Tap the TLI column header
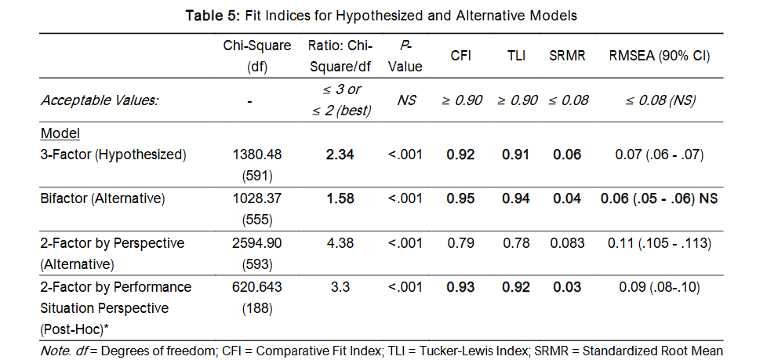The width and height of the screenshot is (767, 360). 517,56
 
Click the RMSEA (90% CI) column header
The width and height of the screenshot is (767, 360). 660,56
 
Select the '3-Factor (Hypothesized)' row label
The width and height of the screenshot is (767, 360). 114,155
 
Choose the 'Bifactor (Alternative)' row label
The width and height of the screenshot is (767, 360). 103,198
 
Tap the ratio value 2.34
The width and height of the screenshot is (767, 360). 340,155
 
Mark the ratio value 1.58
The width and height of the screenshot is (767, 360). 340,198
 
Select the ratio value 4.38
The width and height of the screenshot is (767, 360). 340,243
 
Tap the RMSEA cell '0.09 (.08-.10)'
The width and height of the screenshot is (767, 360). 660,287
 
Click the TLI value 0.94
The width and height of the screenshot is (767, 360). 517,198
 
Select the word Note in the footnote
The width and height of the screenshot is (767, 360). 54,351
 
